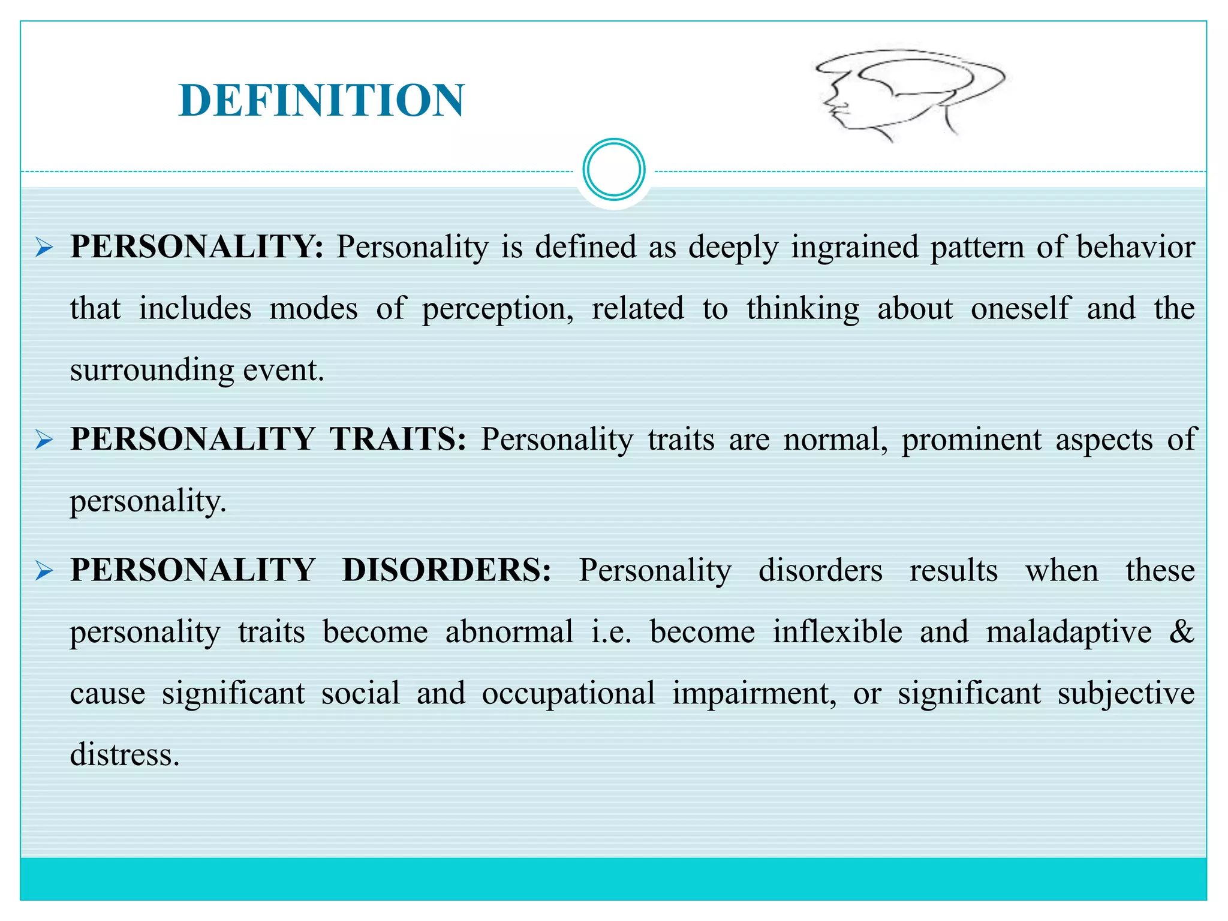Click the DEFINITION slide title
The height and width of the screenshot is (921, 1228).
click(x=321, y=100)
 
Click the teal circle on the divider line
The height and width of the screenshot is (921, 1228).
click(x=613, y=170)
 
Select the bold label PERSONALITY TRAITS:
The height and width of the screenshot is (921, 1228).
click(x=268, y=439)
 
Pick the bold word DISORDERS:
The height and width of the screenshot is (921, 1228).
click(x=447, y=570)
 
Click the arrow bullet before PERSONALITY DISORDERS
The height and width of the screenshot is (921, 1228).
click(x=44, y=571)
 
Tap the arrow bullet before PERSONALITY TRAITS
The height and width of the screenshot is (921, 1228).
click(x=44, y=440)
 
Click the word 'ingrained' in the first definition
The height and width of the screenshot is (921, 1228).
click(x=854, y=248)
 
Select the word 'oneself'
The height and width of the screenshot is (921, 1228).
click(x=1020, y=308)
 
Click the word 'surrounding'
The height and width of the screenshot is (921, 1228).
click(x=152, y=371)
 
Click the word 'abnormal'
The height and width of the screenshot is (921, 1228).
click(x=509, y=632)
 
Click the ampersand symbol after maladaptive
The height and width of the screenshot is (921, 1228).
click(x=1181, y=632)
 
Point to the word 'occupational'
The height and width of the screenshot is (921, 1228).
click(x=568, y=694)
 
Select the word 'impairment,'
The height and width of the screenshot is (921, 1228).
click(x=754, y=694)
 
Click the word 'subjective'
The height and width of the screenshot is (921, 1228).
click(x=1126, y=694)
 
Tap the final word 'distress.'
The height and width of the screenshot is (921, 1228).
click(x=125, y=754)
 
